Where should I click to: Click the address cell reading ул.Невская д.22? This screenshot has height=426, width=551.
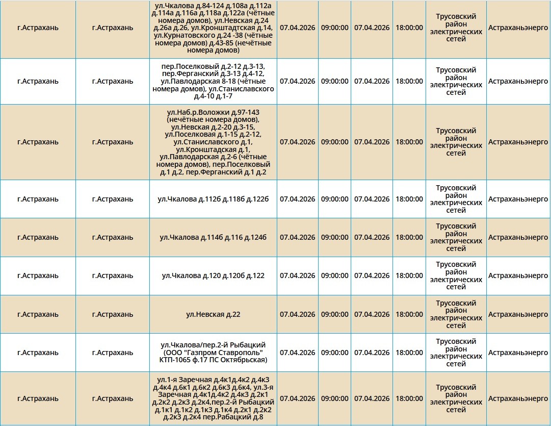pyautogui.click(x=213, y=314)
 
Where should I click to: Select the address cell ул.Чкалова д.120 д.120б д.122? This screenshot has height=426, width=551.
pyautogui.click(x=213, y=276)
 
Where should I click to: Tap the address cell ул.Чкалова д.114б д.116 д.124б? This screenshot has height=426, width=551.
pyautogui.click(x=213, y=237)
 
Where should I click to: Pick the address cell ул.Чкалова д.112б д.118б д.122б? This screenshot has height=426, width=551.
pyautogui.click(x=213, y=199)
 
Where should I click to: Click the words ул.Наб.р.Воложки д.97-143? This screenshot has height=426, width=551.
pyautogui.click(x=213, y=112)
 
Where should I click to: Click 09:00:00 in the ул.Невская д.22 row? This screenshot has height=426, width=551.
pyautogui.click(x=335, y=314)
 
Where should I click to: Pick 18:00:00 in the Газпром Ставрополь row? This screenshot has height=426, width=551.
pyautogui.click(x=409, y=353)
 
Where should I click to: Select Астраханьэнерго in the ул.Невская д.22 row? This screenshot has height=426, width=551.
pyautogui.click(x=518, y=314)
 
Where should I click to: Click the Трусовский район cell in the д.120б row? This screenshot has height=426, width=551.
pyautogui.click(x=456, y=276)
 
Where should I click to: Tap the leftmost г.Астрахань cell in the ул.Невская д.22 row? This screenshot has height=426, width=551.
pyautogui.click(x=38, y=314)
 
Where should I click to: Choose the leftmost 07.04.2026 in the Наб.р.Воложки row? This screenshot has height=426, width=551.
pyautogui.click(x=298, y=142)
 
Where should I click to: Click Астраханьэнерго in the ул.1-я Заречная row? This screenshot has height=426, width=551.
pyautogui.click(x=518, y=398)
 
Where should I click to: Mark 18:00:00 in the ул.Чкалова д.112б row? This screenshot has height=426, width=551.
pyautogui.click(x=409, y=199)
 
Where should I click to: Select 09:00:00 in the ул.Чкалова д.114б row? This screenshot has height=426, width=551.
pyautogui.click(x=335, y=237)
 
